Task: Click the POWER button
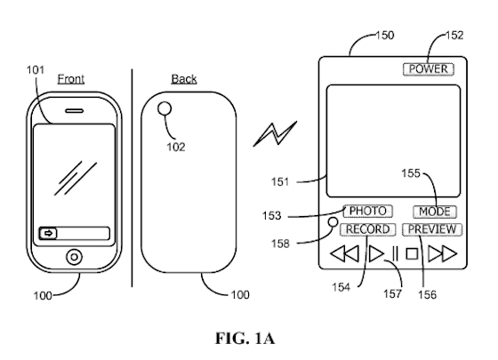coord(429,69)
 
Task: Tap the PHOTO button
coord(368,212)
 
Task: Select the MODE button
coord(435,212)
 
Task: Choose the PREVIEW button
coord(432,229)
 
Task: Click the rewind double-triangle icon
coord(345,253)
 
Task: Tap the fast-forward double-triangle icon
coord(443,253)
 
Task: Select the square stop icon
coord(412,254)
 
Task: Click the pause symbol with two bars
coord(395,254)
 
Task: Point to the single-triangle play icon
coord(377,253)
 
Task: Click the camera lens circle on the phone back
coord(165,108)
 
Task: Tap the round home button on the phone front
coord(74,257)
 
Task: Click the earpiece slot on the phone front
coord(75,111)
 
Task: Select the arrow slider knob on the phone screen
coord(48,234)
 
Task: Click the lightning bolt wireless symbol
coord(275,134)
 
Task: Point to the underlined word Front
coord(71,79)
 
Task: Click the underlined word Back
coord(184,79)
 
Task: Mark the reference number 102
coord(176,147)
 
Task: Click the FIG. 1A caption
coord(245,339)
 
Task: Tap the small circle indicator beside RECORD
coord(333,222)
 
